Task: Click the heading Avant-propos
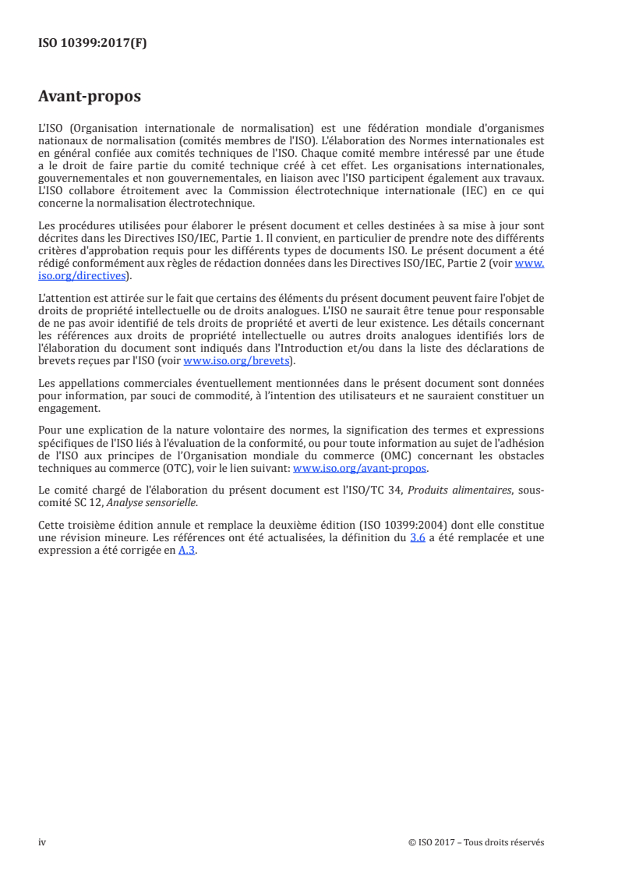coord(90,97)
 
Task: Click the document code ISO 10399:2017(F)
coord(93,44)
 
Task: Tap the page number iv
coord(42,842)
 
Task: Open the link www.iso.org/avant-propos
coord(359,469)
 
